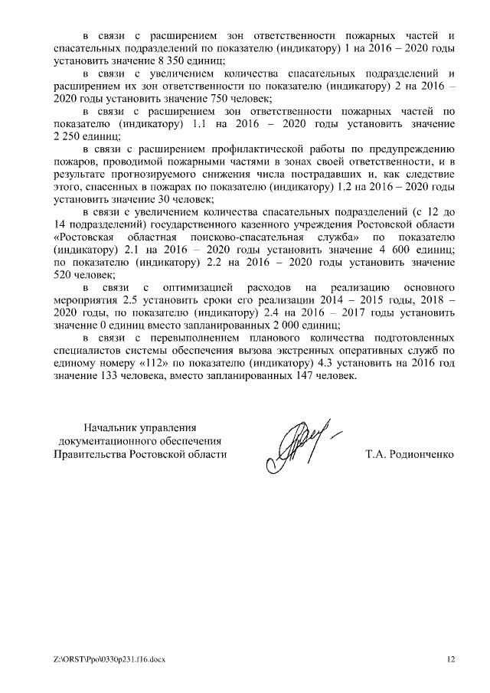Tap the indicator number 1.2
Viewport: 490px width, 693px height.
323,187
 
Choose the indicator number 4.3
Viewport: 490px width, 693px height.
328,362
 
